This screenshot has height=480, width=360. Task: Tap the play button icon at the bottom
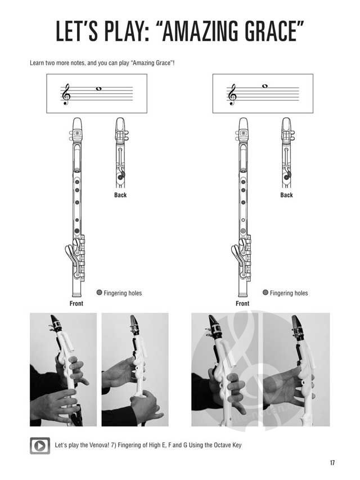(40, 446)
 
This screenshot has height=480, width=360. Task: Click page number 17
(332, 463)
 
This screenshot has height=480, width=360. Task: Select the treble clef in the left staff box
(66, 95)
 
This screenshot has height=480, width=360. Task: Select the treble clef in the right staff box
(232, 95)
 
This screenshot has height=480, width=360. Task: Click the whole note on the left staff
(98, 89)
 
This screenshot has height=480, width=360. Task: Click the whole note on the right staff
(265, 86)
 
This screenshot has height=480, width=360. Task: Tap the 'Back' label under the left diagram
(120, 195)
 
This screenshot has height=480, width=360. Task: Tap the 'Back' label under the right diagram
(286, 195)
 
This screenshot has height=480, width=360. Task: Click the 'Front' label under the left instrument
(76, 303)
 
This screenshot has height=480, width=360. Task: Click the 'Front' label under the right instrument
(242, 303)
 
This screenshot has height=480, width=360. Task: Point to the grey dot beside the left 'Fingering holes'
(99, 293)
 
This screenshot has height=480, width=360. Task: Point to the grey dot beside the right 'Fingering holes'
(265, 293)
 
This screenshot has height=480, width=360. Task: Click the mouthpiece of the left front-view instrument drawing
(77, 124)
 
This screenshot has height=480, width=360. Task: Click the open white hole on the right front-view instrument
(243, 220)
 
